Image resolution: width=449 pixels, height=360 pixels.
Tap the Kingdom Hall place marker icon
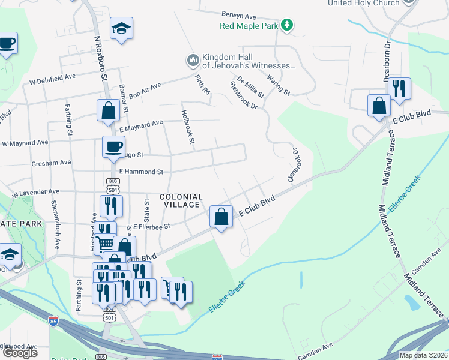193,59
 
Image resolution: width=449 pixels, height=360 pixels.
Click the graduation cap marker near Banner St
121,28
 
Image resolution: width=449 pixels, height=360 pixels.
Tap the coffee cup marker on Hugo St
113,147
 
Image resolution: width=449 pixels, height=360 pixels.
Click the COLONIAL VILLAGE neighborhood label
181,200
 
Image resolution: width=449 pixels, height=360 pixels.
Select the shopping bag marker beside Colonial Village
221,217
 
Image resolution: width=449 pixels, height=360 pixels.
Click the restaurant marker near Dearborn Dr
399,88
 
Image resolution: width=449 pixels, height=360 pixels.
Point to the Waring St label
279,85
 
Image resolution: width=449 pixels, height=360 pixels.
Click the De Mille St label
250,87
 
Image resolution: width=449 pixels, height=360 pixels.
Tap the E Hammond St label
141,172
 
